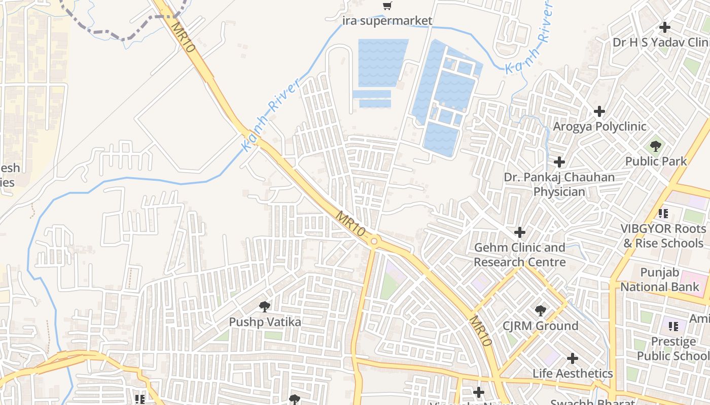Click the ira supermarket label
[387, 21]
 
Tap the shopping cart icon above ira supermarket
[387, 6]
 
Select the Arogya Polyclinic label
[599, 126]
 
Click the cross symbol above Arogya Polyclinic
[599, 111]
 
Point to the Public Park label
[656, 161]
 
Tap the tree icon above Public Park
[656, 147]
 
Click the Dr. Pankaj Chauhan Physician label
[559, 184]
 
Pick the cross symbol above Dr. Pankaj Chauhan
[559, 162]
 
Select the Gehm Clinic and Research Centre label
[520, 255]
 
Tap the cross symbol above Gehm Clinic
[520, 232]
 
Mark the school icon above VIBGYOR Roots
[663, 214]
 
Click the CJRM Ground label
[540, 326]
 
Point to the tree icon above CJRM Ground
[540, 311]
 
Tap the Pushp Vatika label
[265, 322]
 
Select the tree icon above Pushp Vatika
[264, 306]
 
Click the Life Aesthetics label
[573, 374]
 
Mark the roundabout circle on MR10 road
[374, 241]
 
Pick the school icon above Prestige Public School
[673, 326]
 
